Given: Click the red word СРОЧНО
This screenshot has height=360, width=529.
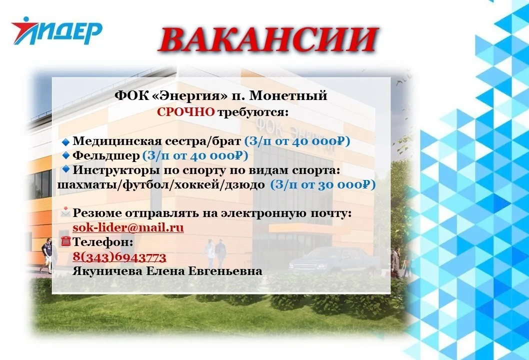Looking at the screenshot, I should click(186, 111).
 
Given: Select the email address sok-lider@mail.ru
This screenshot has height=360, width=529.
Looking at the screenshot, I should click(128, 228).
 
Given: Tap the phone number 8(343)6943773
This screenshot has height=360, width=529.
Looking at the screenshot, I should click(119, 257).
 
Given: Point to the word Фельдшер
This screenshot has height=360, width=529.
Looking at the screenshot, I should click(106, 155).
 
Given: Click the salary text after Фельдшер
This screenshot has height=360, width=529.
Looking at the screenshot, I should click(195, 155).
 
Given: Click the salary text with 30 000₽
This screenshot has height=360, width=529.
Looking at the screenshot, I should click(322, 185).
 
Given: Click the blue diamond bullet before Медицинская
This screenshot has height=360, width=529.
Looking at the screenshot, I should click(65, 142).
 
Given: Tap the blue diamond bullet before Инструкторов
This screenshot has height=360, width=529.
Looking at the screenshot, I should click(65, 169).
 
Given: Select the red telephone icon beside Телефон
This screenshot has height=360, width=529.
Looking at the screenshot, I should click(65, 241).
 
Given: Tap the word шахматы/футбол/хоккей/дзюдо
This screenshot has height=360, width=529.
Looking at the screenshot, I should click(161, 185).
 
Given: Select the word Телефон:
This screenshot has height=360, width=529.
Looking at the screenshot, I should click(103, 242).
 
